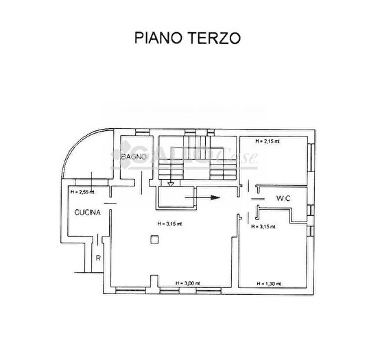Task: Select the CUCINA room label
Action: [88, 213]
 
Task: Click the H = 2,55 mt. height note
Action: [82, 192]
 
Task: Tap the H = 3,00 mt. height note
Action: [187, 282]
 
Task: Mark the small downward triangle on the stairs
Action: [170, 183]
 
